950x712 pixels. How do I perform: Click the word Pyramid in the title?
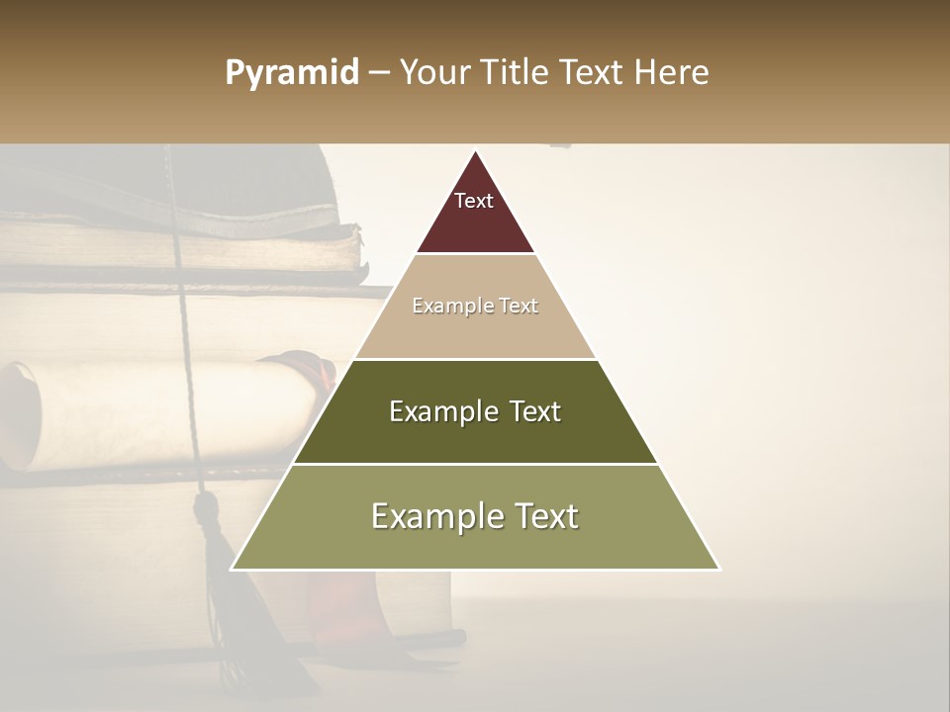291,73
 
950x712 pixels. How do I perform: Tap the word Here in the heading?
673,73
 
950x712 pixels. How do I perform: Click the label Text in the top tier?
474,201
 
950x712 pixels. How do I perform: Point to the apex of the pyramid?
475,151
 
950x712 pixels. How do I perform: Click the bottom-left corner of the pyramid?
233,569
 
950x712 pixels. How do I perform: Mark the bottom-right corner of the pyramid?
718,569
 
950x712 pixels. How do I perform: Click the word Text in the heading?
593,73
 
